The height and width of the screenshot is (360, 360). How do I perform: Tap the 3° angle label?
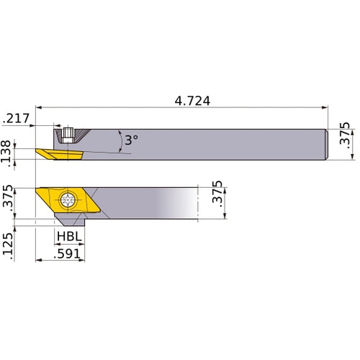pyautogui.click(x=130, y=140)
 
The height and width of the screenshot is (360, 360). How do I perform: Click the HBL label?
pyautogui.click(x=68, y=237)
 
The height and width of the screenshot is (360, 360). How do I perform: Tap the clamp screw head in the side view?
pyautogui.click(x=68, y=134)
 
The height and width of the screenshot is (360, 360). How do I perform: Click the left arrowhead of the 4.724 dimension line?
pyautogui.click(x=37, y=109)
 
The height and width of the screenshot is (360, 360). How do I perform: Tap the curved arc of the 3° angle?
pyautogui.click(x=120, y=141)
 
